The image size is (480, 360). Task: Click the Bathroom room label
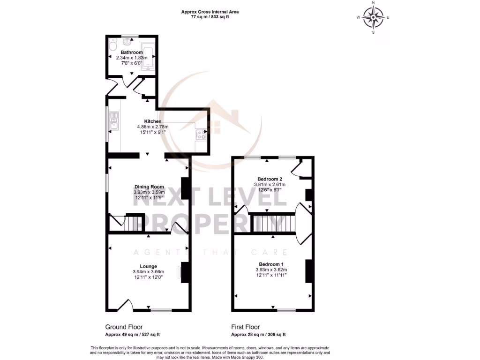131,52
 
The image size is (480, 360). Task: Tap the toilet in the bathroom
112,46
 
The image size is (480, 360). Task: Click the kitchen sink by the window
113,123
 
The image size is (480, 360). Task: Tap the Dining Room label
149,187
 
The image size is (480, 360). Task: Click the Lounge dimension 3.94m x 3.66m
148,272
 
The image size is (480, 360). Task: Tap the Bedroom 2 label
270,179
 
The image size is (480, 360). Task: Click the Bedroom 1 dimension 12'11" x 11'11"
271,275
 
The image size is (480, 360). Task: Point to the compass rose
373,18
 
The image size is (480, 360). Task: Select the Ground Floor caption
124,327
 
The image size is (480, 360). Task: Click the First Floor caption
245,327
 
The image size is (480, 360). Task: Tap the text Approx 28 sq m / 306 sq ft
258,335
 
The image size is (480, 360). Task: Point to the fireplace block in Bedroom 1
309,271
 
